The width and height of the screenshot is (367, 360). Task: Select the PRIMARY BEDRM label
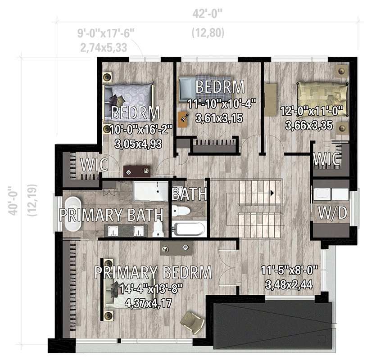[x=153, y=272]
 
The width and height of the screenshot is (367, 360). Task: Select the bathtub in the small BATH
[x=190, y=229]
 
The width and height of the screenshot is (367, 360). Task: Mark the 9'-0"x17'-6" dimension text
[x=106, y=33]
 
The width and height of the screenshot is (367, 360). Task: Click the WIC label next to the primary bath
[x=94, y=165]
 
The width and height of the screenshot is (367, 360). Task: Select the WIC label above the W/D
[x=326, y=159]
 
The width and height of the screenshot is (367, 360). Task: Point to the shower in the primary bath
[x=150, y=191]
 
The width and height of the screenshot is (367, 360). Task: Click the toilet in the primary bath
[x=158, y=228]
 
